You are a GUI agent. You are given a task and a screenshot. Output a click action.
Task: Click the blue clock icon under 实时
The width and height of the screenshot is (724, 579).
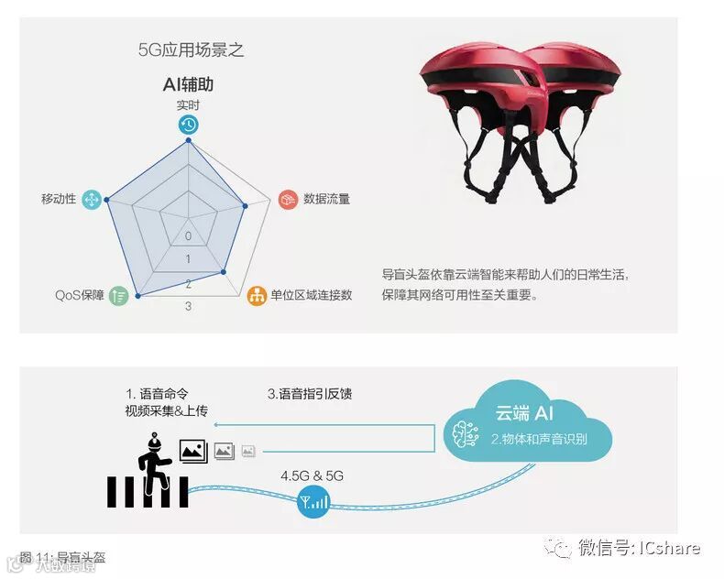(x=188, y=126)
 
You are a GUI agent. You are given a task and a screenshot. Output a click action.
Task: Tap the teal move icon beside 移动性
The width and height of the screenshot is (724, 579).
(x=91, y=199)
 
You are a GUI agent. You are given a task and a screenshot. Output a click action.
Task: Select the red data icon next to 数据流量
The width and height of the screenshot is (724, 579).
(x=288, y=199)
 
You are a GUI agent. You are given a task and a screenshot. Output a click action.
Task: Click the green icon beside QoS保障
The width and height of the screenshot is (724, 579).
(x=118, y=295)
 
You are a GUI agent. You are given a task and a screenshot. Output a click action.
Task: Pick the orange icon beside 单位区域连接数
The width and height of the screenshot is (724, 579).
(x=257, y=295)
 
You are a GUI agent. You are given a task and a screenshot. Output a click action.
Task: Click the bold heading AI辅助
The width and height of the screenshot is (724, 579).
(x=188, y=85)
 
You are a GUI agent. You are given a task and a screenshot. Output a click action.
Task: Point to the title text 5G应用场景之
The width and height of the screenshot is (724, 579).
(x=191, y=49)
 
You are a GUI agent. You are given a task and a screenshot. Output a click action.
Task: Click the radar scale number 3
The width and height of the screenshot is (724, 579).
(x=188, y=306)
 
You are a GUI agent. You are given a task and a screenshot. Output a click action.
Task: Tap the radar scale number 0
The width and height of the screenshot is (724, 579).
(x=188, y=235)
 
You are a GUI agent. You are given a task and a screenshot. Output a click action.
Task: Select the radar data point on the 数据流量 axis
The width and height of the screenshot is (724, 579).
(x=246, y=207)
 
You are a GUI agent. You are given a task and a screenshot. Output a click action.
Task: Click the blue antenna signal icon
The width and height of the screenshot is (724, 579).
(x=313, y=501)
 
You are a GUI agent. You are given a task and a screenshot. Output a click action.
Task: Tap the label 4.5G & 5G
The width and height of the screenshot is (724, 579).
(x=312, y=475)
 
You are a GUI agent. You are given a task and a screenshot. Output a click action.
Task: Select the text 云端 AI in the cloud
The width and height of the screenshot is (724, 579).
(x=524, y=414)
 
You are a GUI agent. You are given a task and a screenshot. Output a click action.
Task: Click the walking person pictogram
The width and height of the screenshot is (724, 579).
(x=150, y=453)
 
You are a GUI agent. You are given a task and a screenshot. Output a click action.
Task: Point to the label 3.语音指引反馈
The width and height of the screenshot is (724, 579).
(x=310, y=394)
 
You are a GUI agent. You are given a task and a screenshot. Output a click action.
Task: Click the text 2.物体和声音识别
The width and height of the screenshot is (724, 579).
(x=538, y=438)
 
